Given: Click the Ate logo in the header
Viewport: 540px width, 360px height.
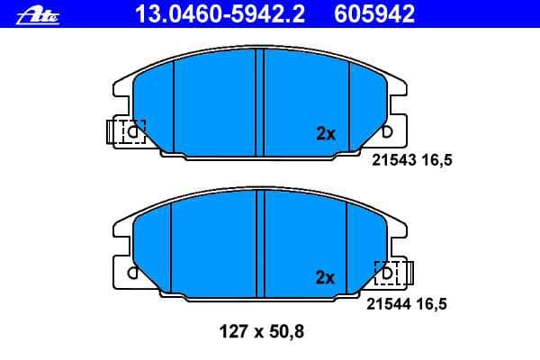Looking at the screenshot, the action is click(x=38, y=15).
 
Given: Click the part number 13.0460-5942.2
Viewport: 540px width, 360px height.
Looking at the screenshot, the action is click(x=220, y=14).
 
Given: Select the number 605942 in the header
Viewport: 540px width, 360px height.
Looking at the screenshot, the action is click(x=374, y=14).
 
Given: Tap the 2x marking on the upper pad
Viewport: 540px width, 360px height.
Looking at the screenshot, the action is click(x=326, y=134).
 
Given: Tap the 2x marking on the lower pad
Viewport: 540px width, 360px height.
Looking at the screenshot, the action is click(x=325, y=277).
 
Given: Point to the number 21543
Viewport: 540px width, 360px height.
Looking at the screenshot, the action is click(x=394, y=160).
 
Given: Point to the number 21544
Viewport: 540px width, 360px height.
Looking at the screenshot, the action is click(x=389, y=304).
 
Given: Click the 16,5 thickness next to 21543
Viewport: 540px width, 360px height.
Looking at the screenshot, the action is click(x=437, y=160).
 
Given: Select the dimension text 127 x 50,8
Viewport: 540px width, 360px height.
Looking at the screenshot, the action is click(x=262, y=332).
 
